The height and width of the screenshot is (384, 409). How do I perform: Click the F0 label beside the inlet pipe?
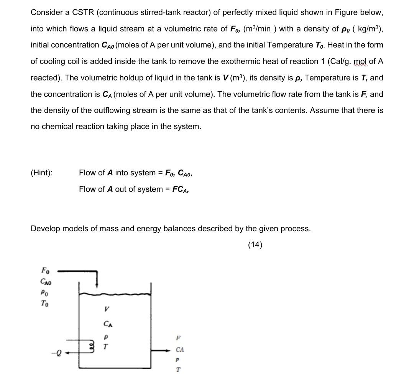(45, 271)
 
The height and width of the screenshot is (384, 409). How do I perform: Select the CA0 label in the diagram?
(46, 282)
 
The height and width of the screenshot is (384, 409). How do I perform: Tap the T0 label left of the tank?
(45, 304)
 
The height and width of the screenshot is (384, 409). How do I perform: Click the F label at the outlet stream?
(177, 338)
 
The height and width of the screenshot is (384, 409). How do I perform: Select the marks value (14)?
(255, 245)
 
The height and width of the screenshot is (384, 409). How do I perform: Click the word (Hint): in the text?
(41, 173)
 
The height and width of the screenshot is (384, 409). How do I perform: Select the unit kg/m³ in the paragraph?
(368, 29)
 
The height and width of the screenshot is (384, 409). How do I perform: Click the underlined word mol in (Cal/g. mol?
(360, 61)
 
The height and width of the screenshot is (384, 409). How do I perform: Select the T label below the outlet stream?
(178, 370)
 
